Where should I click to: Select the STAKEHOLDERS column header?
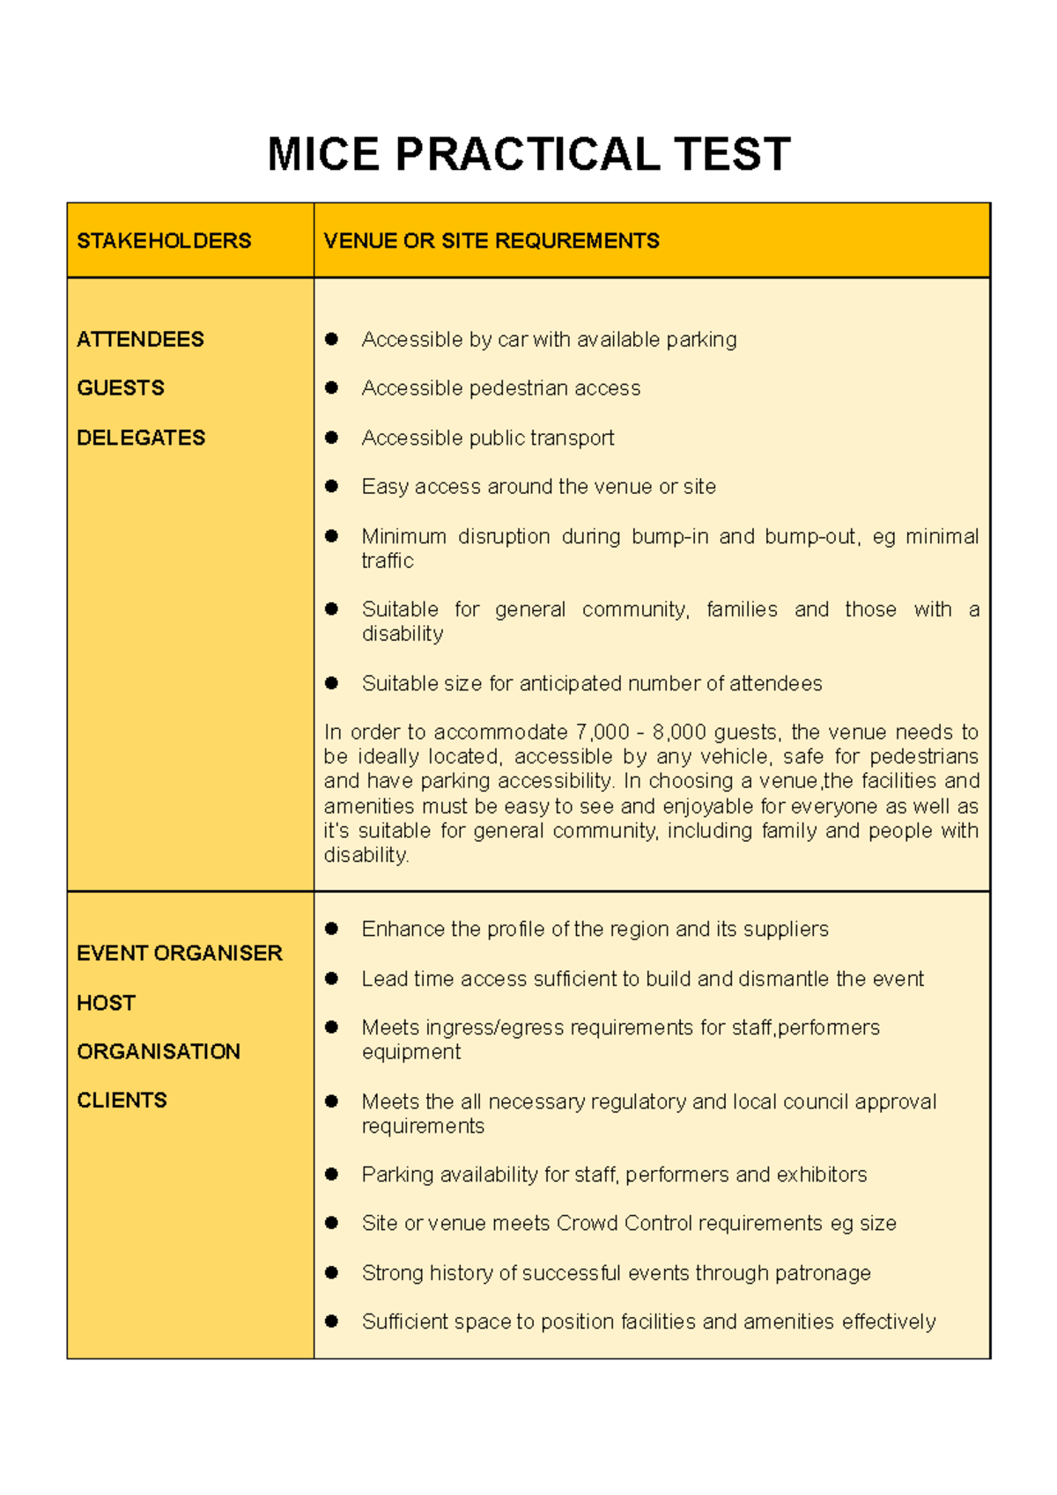[x=164, y=240]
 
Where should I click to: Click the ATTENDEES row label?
[x=140, y=339]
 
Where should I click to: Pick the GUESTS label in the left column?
[x=121, y=387]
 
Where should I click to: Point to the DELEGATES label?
[x=141, y=438]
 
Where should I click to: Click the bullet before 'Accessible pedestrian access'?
[x=332, y=387]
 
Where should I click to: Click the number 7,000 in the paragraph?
[x=602, y=732]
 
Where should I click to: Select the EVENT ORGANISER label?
[x=180, y=953]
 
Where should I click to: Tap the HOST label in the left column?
[x=106, y=1003]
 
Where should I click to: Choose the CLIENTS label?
[x=122, y=1100]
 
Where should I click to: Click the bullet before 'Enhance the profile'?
[x=332, y=929]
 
